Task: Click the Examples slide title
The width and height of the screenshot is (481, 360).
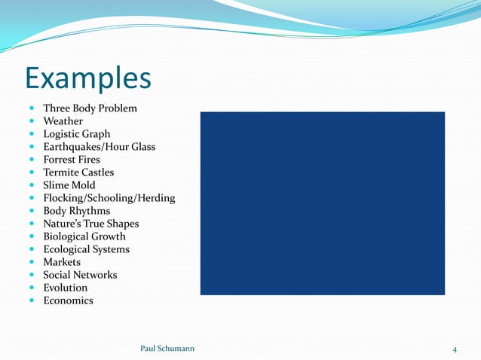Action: pos(87,78)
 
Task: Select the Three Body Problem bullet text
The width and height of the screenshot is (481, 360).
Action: pos(90,108)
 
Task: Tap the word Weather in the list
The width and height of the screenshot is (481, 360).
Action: pos(63,121)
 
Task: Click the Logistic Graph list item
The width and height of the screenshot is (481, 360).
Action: pos(76,134)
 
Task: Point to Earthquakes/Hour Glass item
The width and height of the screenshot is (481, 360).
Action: pos(99,147)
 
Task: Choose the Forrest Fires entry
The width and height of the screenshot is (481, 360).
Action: pos(72,160)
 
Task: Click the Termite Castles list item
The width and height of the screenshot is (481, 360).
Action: pos(78,172)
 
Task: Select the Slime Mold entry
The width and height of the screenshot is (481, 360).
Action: pos(69,185)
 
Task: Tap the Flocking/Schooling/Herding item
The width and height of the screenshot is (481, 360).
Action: pos(109,198)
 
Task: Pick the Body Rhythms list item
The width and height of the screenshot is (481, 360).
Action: pos(76,211)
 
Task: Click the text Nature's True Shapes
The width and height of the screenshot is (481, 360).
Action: pos(90,224)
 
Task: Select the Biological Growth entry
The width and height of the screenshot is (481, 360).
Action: pos(84,236)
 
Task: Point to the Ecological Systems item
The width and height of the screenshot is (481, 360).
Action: pos(86,249)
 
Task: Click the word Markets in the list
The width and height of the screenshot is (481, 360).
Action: pos(62,262)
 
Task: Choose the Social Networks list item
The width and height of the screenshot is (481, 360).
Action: pos(80,275)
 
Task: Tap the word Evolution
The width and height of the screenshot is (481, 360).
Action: pos(65,288)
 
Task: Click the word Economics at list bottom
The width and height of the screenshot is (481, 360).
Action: pos(68,301)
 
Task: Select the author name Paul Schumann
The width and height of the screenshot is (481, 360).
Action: pos(167,349)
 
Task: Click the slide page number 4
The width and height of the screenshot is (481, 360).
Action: pos(455,349)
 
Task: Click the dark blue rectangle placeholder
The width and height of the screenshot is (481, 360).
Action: pos(322,203)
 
